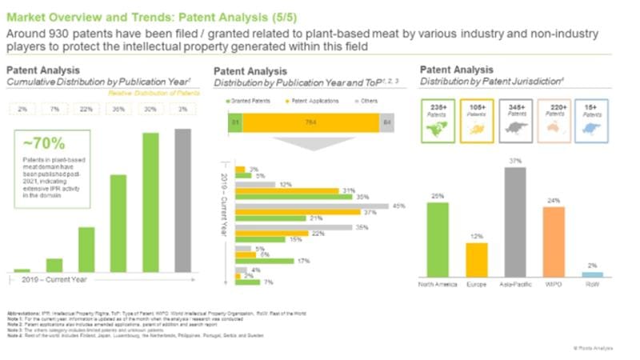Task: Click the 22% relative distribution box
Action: pos(86,109)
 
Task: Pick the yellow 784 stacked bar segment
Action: pos(310,122)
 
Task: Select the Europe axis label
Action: pos(477,285)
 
